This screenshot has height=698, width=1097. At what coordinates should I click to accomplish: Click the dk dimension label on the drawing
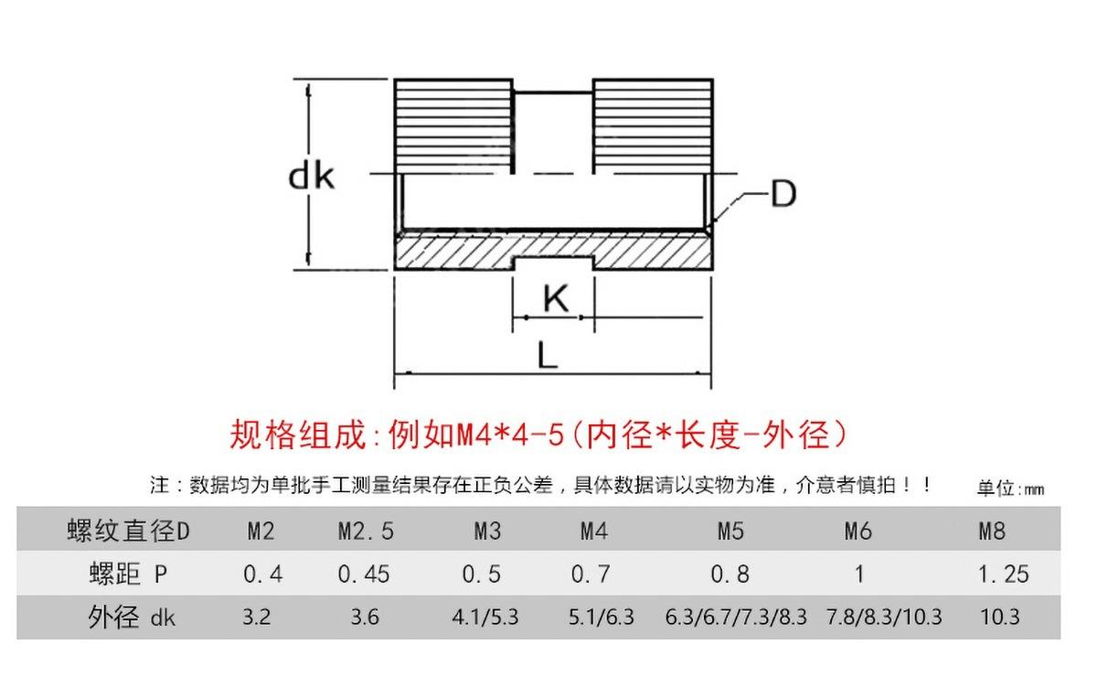[x=312, y=177]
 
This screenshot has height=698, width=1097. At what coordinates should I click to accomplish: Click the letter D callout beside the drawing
[x=783, y=194]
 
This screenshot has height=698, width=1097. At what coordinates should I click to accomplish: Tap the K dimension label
[x=555, y=298]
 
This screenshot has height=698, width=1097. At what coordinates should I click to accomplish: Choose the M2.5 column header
[x=365, y=532]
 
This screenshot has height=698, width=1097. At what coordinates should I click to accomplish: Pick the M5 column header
[x=729, y=532]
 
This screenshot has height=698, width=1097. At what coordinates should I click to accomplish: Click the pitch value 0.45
[x=364, y=575]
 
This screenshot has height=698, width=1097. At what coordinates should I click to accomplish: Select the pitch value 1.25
[x=1003, y=575]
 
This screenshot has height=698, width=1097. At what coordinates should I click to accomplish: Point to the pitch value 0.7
[x=590, y=575]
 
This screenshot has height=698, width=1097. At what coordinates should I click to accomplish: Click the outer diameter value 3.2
[x=257, y=617]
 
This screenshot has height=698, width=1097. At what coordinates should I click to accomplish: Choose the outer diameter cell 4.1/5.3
[x=485, y=617]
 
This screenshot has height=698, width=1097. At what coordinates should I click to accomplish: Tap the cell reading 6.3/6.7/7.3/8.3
[x=737, y=617]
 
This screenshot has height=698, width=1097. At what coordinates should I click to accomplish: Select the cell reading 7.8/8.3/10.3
[x=883, y=617]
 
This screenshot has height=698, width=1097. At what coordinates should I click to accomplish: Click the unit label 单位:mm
[x=1009, y=489]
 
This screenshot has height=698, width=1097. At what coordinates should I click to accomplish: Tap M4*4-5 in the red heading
[x=507, y=434]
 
